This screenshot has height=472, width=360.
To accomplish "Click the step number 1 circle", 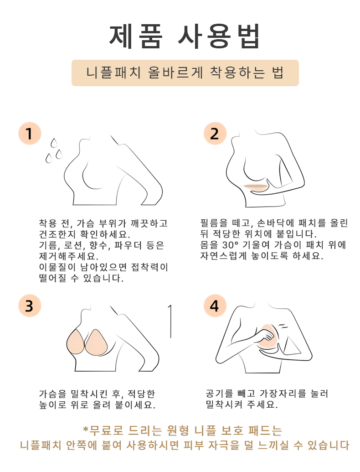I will click(x=30, y=134).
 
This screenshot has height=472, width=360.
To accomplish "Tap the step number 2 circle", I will click(x=215, y=134).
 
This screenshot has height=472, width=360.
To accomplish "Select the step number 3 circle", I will click(x=30, y=306).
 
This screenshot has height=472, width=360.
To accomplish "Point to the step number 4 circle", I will click(x=215, y=306).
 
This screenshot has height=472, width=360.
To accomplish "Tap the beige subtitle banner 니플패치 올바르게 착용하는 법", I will click(x=185, y=73).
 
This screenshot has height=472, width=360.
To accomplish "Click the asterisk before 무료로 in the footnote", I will click(x=85, y=430).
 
